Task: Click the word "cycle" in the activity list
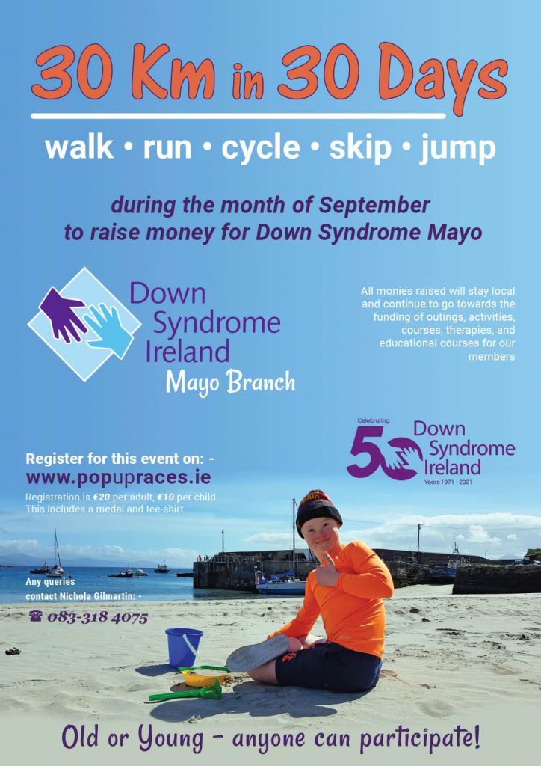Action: point(261,149)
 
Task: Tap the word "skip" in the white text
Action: point(360,149)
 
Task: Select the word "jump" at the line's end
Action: point(457,150)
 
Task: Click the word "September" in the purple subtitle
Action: point(374,206)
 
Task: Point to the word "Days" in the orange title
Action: point(442,78)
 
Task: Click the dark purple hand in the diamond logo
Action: point(63,314)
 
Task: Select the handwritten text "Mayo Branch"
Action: point(230,383)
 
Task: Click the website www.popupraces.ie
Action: point(119,477)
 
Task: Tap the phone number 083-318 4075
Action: point(98,617)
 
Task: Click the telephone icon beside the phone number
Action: point(36,616)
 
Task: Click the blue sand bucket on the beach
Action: point(184,647)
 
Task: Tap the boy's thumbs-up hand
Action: point(327,570)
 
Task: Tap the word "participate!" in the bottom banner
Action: point(420,740)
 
